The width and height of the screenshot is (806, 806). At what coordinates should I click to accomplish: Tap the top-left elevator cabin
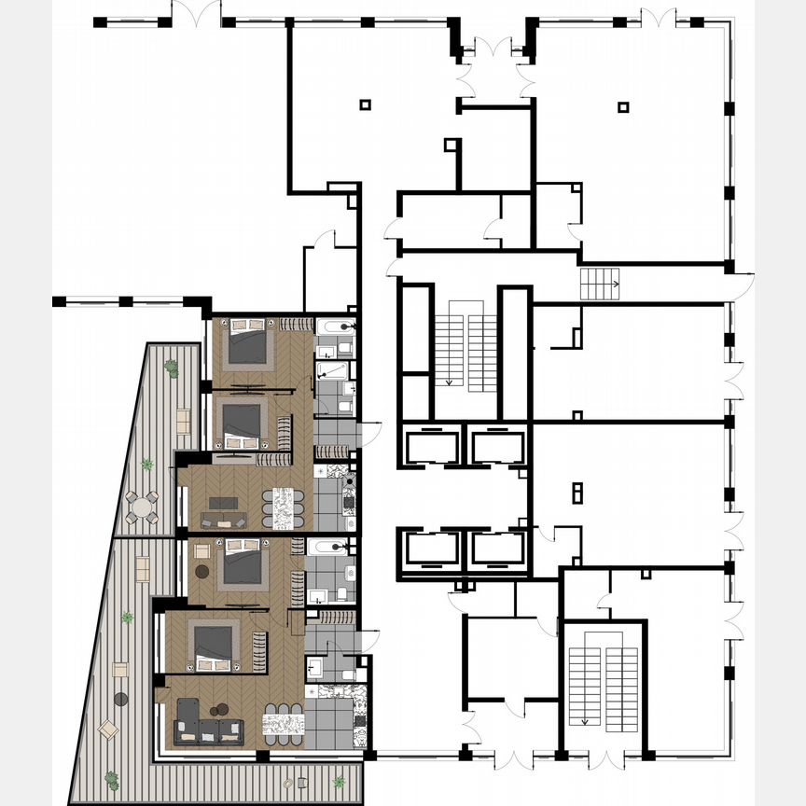coord(430,445)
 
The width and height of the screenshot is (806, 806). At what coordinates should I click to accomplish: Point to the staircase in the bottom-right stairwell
coord(604,687)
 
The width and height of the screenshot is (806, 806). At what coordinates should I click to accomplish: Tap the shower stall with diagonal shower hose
coord(331,373)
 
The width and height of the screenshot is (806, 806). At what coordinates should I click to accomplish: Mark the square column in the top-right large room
coord(622,107)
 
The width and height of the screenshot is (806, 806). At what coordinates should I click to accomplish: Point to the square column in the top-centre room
coord(365,104)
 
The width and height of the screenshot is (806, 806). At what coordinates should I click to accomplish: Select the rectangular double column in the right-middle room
coord(577,492)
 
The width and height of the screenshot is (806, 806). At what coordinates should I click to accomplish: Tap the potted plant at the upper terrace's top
coord(171,368)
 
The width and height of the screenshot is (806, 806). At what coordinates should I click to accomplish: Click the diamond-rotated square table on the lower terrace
coord(108,729)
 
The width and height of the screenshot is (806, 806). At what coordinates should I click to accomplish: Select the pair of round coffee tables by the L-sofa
coord(220,711)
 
